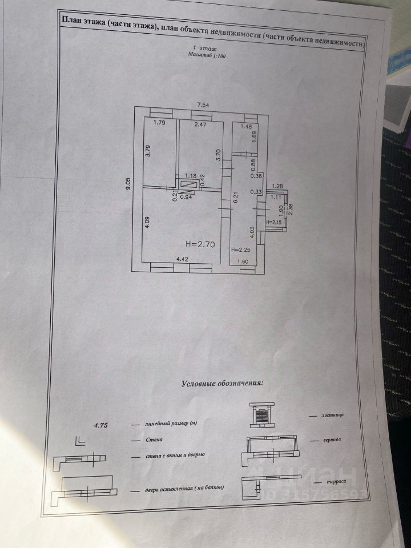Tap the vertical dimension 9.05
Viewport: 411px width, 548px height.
[130, 187]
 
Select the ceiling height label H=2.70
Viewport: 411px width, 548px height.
[199, 244]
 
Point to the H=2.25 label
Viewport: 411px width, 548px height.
[240, 250]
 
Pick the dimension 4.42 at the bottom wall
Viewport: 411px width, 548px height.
[183, 260]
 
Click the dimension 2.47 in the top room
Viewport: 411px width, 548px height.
[200, 124]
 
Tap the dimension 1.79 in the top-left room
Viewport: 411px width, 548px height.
[159, 123]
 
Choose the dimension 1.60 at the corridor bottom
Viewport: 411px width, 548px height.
[242, 261]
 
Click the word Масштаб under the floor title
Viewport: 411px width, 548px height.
[199, 56]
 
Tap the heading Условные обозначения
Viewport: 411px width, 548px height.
[223, 384]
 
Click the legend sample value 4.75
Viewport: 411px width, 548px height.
[100, 424]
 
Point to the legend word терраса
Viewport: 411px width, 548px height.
[332, 482]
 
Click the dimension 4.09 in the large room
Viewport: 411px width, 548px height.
[147, 221]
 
